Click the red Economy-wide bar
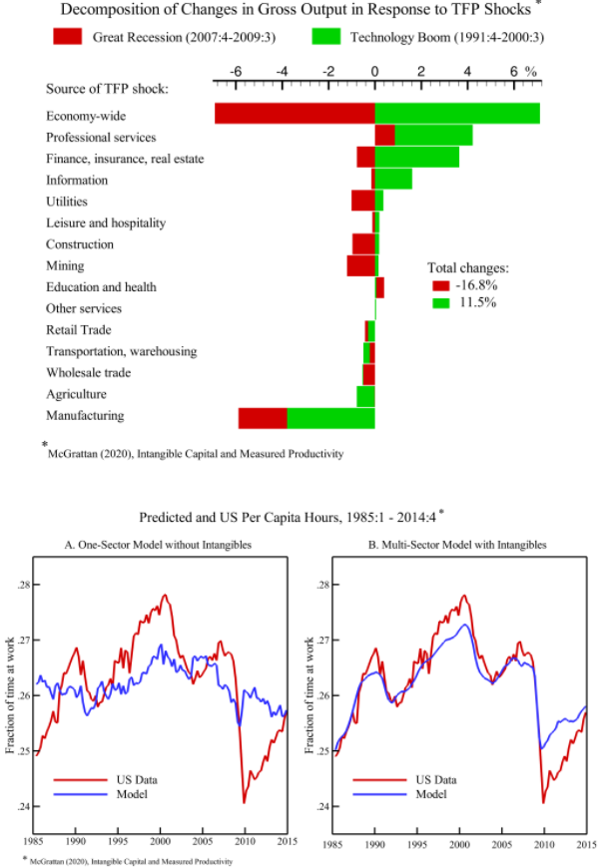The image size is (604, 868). (295, 113)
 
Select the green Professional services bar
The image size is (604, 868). (433, 135)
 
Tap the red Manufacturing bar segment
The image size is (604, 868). (263, 417)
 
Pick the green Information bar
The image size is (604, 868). (393, 179)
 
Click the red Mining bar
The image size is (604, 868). (360, 265)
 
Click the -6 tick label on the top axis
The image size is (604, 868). (235, 73)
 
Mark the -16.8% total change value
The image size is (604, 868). (476, 285)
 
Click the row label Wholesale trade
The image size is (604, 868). (88, 373)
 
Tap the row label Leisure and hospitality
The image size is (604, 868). (106, 222)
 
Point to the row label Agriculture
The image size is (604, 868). (76, 394)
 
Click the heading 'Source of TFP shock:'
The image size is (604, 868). (108, 89)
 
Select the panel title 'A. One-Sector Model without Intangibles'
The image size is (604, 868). (159, 545)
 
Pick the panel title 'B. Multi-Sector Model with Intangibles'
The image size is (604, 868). (458, 545)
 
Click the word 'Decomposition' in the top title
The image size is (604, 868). (109, 10)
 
